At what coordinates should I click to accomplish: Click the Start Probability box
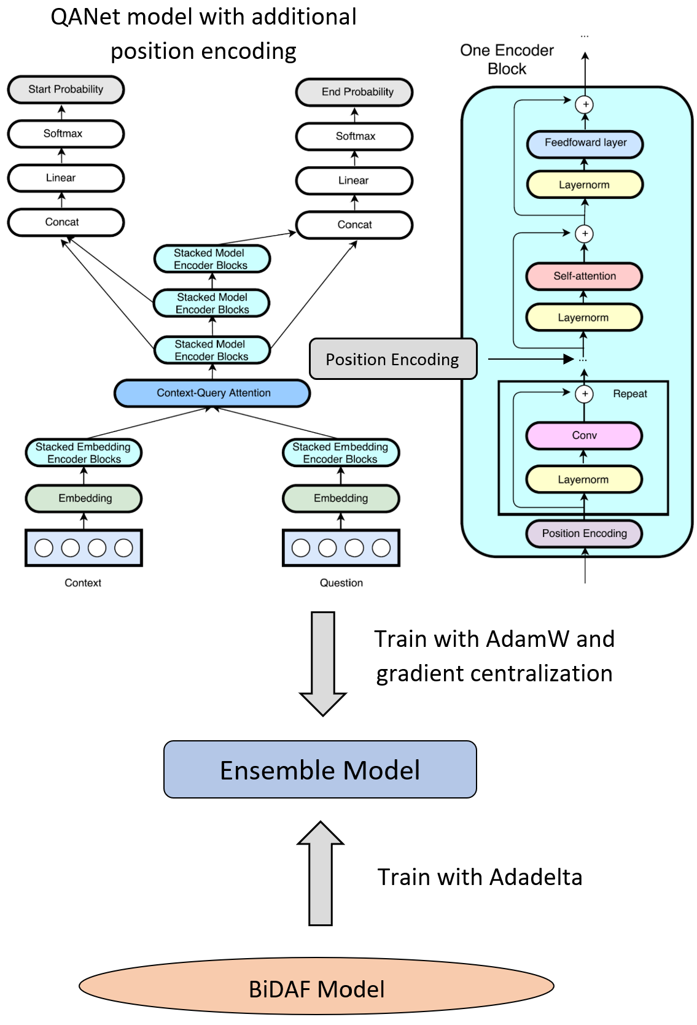click(x=66, y=90)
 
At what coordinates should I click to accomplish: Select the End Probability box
click(x=354, y=92)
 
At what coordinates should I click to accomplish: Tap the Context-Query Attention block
click(x=212, y=393)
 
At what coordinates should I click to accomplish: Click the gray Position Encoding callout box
click(x=393, y=359)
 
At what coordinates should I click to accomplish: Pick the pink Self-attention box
click(x=584, y=276)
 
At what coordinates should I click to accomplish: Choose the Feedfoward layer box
click(x=585, y=143)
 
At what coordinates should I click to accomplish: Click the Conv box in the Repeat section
click(x=584, y=435)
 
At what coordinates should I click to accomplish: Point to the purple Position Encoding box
click(x=584, y=533)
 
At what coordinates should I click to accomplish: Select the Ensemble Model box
click(x=320, y=770)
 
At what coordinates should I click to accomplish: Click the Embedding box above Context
click(x=84, y=498)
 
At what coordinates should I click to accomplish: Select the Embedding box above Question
click(x=341, y=498)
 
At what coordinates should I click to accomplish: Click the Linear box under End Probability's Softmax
click(x=354, y=180)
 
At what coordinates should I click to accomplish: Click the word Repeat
click(x=630, y=394)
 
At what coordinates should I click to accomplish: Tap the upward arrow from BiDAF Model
click(x=321, y=875)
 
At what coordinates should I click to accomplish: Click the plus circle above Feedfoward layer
click(x=585, y=104)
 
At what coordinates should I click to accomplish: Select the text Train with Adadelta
click(x=480, y=877)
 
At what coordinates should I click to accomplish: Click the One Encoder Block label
click(x=507, y=60)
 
